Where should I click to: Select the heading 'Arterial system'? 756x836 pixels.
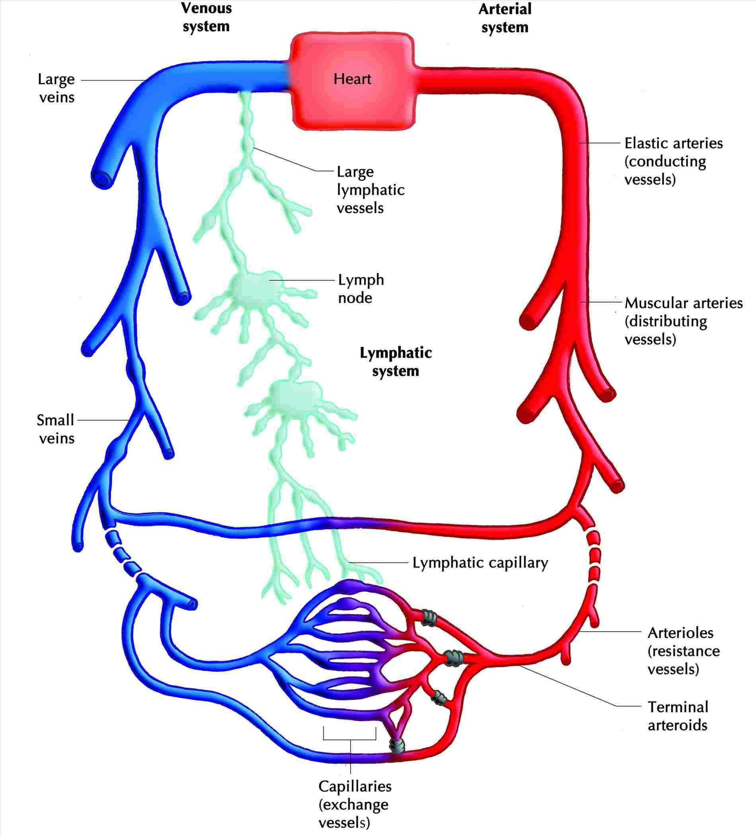[505, 18]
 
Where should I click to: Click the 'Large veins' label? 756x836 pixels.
[57, 88]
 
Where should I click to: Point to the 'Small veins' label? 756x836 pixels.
[56, 429]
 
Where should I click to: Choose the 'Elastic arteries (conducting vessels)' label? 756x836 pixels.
[673, 161]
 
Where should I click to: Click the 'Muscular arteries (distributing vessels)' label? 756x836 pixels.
[683, 321]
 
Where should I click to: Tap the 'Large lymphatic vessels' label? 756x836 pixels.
[370, 189]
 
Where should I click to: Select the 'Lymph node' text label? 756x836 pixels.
[360, 289]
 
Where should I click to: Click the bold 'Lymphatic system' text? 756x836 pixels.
[396, 361]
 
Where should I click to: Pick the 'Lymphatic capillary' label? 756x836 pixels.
[480, 563]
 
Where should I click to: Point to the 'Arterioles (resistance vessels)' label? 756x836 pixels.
[683, 651]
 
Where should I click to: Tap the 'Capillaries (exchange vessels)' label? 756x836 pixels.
[355, 804]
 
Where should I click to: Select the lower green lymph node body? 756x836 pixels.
[295, 394]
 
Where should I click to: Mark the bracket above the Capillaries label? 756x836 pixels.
[350, 739]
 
